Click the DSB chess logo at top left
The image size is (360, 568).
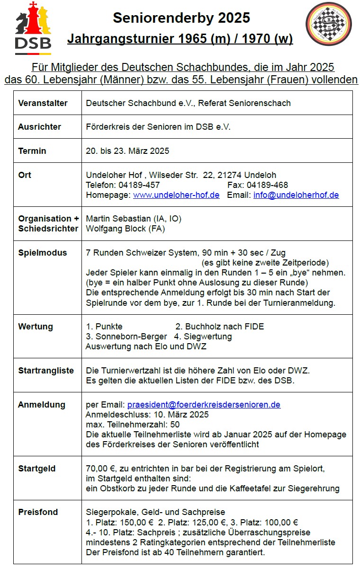[x=33, y=26]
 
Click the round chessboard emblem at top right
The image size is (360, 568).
[x=328, y=24]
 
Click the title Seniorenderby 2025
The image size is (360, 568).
[x=181, y=18]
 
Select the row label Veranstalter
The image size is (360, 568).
[x=43, y=103]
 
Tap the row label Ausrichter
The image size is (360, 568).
[x=40, y=127]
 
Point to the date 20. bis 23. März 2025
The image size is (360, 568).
[x=127, y=151]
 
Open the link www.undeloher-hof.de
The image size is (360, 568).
[x=176, y=195]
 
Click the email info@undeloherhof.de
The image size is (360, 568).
[x=296, y=195]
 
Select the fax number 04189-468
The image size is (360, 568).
[x=267, y=185]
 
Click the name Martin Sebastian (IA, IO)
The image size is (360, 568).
[x=134, y=219]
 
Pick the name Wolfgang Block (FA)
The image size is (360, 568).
[x=126, y=229]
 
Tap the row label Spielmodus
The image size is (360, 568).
[x=42, y=253]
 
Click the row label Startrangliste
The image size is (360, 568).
[x=46, y=371]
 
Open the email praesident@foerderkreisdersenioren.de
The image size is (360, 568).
[x=204, y=405]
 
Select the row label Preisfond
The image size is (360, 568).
[x=38, y=512]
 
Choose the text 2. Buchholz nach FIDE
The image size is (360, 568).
[x=220, y=327]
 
